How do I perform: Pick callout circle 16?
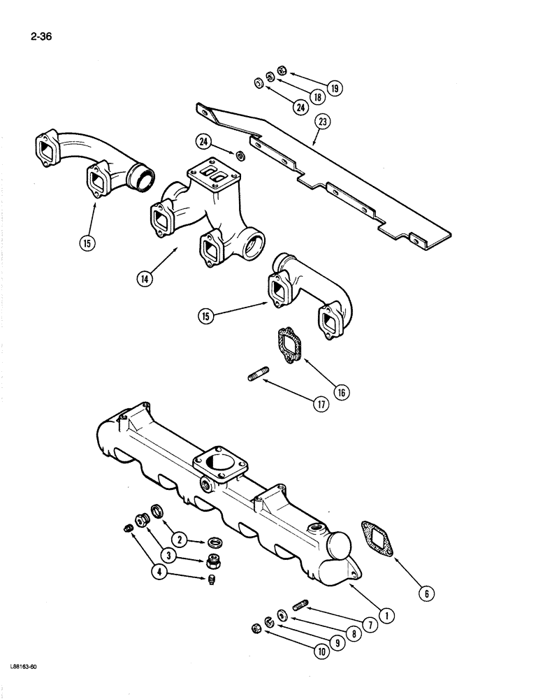(342, 392)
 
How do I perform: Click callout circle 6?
(428, 593)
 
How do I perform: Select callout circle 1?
(384, 615)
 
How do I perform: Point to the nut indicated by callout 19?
(282, 69)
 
